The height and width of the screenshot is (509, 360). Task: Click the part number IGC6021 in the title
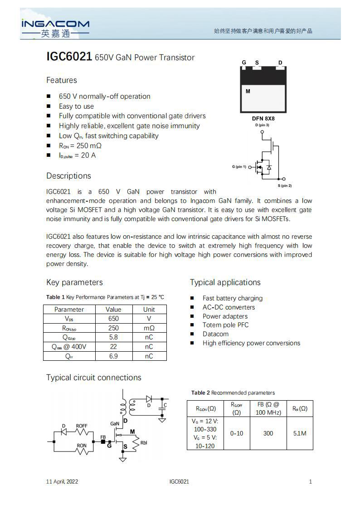coord(69,57)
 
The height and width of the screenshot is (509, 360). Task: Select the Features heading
coord(62,80)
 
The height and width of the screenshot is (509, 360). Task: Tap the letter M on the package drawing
coord(248,92)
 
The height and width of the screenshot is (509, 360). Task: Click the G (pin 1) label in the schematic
coord(239,167)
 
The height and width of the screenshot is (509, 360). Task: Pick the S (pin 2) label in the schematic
coord(285,186)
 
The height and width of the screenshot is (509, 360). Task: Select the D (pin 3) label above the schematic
coord(262,125)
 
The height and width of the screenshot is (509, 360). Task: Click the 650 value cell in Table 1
coord(113,319)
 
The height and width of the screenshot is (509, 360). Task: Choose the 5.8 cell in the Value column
coord(113,337)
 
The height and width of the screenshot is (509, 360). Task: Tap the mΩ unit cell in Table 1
coord(149,328)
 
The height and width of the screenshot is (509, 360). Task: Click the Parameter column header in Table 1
coord(69,310)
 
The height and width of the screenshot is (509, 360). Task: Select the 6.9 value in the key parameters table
coord(113,356)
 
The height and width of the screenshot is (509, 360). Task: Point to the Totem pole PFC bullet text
coord(225,325)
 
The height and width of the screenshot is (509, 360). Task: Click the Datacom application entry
coord(215,334)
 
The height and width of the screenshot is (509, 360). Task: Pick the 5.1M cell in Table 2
coord(300,433)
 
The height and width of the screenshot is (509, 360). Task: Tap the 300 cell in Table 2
coord(268,433)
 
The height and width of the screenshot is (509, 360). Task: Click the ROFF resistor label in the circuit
coord(82,426)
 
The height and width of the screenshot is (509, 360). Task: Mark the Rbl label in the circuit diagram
coord(144,443)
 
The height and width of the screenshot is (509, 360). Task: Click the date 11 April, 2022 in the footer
coord(62,482)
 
